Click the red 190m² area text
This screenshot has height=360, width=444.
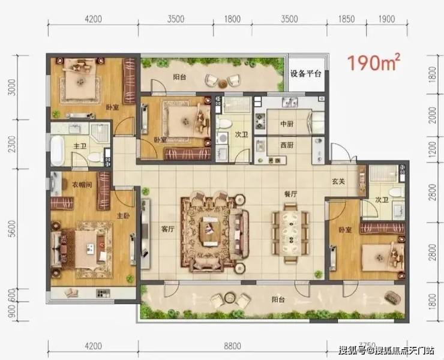click(374, 62)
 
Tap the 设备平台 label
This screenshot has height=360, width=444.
click(306, 74)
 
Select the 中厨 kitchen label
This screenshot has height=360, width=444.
click(287, 124)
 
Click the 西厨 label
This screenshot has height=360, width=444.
click(287, 145)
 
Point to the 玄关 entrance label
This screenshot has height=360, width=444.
click(338, 181)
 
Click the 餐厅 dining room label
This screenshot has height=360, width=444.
click(290, 194)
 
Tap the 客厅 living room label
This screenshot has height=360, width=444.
click(167, 229)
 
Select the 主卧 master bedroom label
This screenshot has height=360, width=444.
click(124, 216)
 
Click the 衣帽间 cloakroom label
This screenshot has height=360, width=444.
click(82, 185)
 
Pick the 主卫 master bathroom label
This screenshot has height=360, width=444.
click(80, 146)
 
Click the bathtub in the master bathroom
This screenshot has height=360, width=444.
click(57, 151)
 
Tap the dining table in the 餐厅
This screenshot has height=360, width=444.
click(290, 233)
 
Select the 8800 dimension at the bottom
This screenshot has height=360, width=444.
click(232, 346)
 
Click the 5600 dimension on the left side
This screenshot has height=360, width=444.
click(11, 229)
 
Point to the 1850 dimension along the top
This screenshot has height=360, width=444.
click(347, 19)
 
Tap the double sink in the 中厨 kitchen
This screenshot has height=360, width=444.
click(289, 101)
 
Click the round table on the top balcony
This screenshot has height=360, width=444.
click(223, 83)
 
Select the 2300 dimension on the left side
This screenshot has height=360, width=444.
click(11, 144)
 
